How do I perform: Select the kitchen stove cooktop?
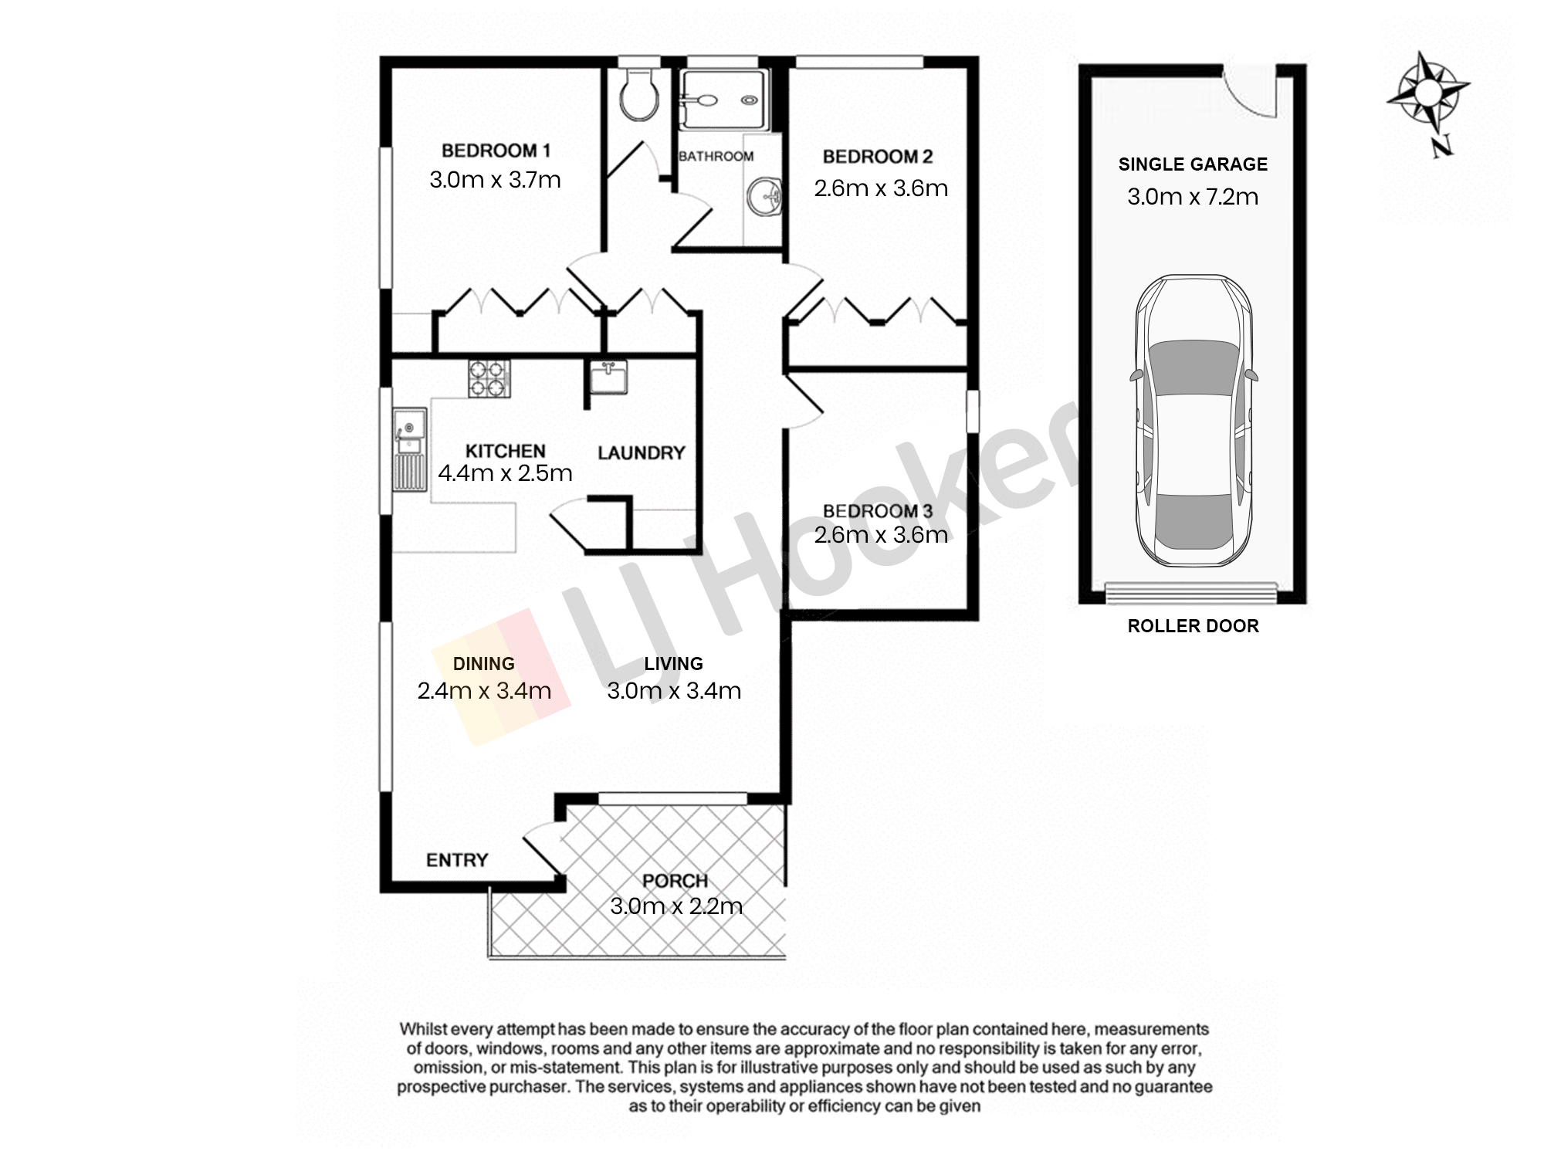pyautogui.click(x=489, y=379)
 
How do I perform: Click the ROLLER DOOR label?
pyautogui.click(x=1193, y=626)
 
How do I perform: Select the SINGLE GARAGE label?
pyautogui.click(x=1193, y=164)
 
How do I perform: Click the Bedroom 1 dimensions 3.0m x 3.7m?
pyautogui.click(x=495, y=180)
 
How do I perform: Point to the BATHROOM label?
pyautogui.click(x=716, y=156)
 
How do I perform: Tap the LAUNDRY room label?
pyautogui.click(x=642, y=452)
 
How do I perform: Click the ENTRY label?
pyautogui.click(x=457, y=860)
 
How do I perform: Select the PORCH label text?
pyautogui.click(x=675, y=881)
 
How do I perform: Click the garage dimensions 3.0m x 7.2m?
pyautogui.click(x=1193, y=197)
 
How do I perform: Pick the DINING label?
pyautogui.click(x=483, y=664)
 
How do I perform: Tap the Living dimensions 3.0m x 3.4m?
pyautogui.click(x=674, y=691)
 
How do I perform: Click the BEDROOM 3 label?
pyautogui.click(x=878, y=511)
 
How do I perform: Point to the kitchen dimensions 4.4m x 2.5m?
pyautogui.click(x=505, y=473)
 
